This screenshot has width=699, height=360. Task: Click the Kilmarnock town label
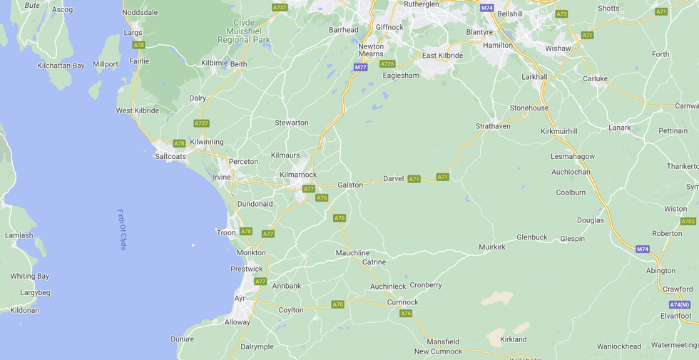point(298,175)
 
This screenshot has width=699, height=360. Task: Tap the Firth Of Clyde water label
point(122,229)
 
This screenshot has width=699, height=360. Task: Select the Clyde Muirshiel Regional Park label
point(243,31)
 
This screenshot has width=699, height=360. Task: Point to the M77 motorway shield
point(360,67)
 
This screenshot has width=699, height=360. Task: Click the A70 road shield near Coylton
point(337,304)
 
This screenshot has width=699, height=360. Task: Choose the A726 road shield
point(387,64)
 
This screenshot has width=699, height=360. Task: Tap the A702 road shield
point(688,221)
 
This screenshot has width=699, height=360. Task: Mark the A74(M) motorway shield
point(680,304)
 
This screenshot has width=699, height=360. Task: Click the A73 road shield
point(561,14)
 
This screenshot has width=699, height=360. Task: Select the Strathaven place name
point(494,126)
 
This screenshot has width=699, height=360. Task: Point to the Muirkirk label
point(492,247)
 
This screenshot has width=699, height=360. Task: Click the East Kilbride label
point(442,56)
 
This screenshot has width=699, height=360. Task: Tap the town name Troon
point(226,232)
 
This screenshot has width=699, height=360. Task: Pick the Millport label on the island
point(106,64)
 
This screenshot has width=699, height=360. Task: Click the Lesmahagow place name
point(573,156)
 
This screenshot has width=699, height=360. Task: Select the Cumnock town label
point(402,302)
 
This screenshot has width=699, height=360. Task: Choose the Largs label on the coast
point(133,33)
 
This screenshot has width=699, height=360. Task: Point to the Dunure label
point(183,339)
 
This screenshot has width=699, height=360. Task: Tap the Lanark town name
point(620,128)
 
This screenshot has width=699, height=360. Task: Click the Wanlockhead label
point(619,346)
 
